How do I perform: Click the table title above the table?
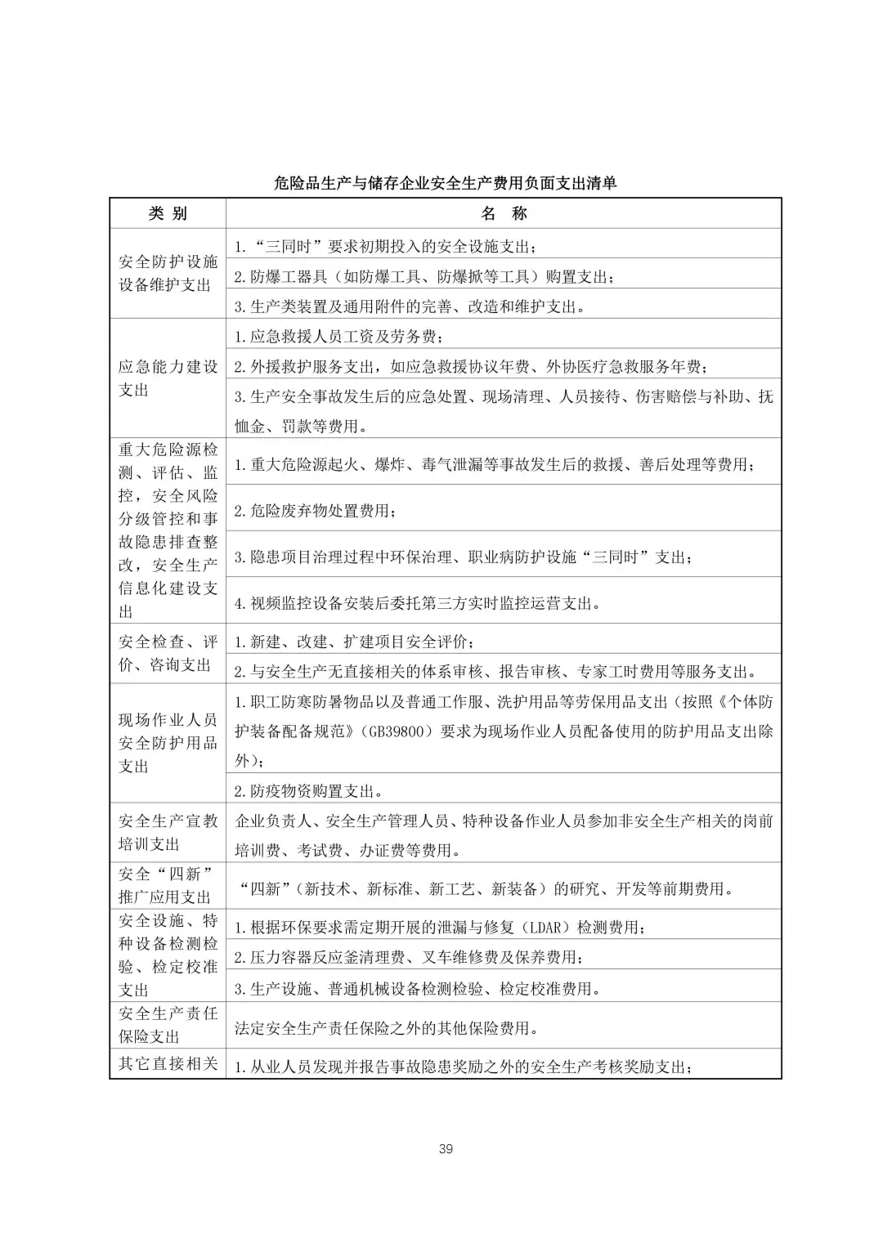[x=445, y=183]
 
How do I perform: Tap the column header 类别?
[x=168, y=213]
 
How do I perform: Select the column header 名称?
[x=504, y=213]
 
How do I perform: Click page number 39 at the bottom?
[x=446, y=1148]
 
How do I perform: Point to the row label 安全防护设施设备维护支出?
[x=168, y=273]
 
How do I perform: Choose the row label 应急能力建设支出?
[x=168, y=378]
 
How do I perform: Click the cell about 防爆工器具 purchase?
[x=424, y=277]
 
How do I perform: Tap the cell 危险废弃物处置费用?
[x=316, y=511]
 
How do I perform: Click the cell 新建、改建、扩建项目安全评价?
[x=354, y=642]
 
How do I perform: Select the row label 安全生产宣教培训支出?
[x=168, y=832]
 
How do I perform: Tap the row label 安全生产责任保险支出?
[x=168, y=1024]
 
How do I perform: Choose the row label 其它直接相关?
[x=168, y=1063]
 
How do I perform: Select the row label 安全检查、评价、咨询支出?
[x=168, y=653]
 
